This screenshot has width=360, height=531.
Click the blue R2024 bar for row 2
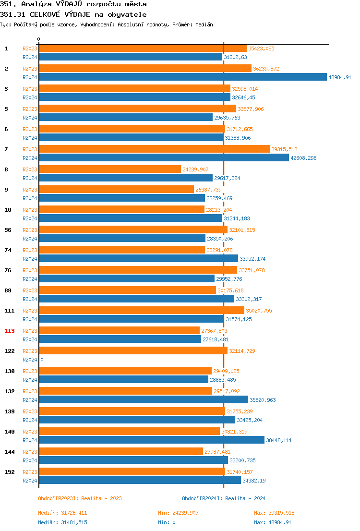[x=182, y=77]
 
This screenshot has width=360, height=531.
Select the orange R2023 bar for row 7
[x=154, y=149]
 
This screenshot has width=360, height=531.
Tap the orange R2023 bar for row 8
[x=110, y=169]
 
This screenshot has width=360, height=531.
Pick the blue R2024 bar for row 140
[x=152, y=440]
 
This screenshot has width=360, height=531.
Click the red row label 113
[x=10, y=331]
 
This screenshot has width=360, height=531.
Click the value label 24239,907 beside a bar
[x=195, y=169]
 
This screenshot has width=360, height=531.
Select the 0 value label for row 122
[x=42, y=360]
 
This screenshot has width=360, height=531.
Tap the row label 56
[x=8, y=230]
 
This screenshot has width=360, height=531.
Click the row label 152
[x=10, y=472]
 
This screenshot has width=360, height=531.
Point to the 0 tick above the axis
[x=39, y=39]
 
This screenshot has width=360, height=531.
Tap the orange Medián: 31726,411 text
[x=62, y=513]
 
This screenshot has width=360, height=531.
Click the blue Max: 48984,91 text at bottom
[x=273, y=522]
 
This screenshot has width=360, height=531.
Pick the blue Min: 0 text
[x=166, y=522]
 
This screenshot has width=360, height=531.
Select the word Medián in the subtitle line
[x=204, y=24]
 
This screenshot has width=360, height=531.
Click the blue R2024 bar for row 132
[x=144, y=400]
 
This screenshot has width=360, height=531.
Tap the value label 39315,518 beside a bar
[x=284, y=149]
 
